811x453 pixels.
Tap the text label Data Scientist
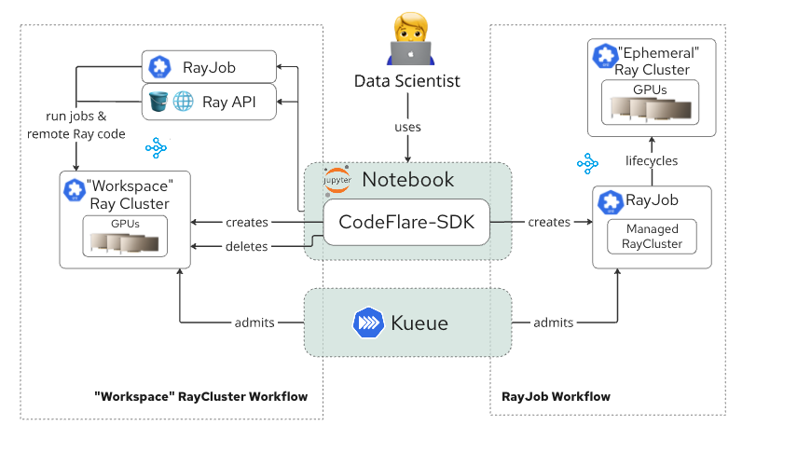coord(406,81)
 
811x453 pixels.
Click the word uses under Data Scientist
coord(406,127)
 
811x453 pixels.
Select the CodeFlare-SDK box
coord(406,222)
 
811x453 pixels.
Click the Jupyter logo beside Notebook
coord(336,180)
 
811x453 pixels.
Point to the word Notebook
coord(407,179)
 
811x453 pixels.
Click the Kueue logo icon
coord(368,323)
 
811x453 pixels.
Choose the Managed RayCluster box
coord(653,236)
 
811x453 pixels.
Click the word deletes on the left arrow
coord(246,246)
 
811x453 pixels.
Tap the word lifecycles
coord(652,160)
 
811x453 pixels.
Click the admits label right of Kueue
coord(553,323)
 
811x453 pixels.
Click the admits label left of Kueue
coord(254,323)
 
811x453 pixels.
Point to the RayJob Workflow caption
coord(556,396)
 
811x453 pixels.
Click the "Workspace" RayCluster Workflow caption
coord(200,396)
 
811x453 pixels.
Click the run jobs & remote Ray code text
coord(76,126)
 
